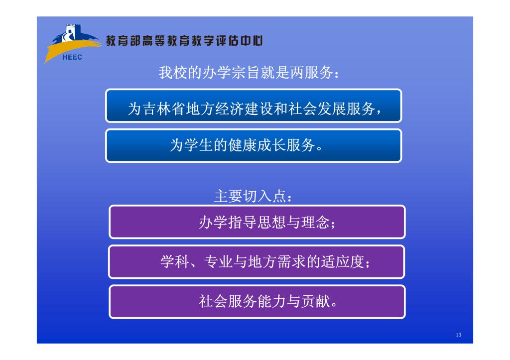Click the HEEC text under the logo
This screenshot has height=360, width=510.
(x=72, y=57)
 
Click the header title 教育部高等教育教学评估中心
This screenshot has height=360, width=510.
(x=184, y=41)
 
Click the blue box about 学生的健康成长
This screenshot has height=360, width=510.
(x=254, y=145)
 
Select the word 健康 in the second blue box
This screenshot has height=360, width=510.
(x=243, y=145)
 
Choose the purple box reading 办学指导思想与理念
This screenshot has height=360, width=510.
(x=257, y=222)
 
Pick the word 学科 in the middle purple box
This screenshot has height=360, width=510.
(x=175, y=262)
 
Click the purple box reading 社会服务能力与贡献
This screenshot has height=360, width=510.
(x=257, y=302)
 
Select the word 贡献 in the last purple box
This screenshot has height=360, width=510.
(x=316, y=301)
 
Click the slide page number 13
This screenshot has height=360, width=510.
(x=459, y=335)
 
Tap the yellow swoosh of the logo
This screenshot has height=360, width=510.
(x=70, y=48)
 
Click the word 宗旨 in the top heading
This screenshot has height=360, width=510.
(x=239, y=72)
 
